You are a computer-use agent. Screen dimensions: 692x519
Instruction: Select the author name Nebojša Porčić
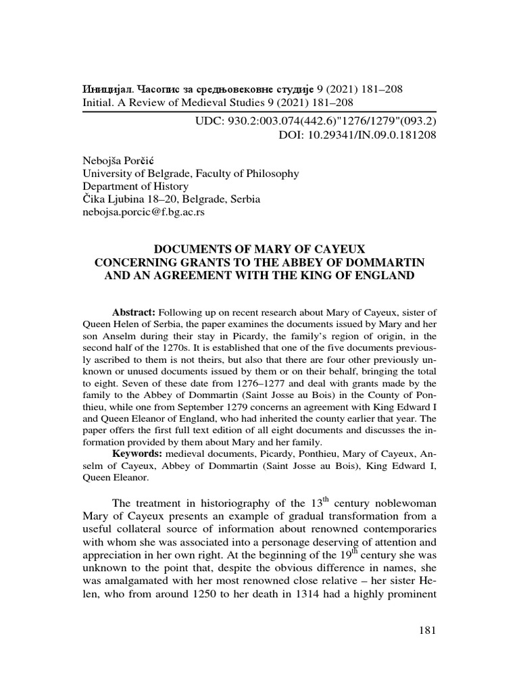(x=118, y=160)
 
